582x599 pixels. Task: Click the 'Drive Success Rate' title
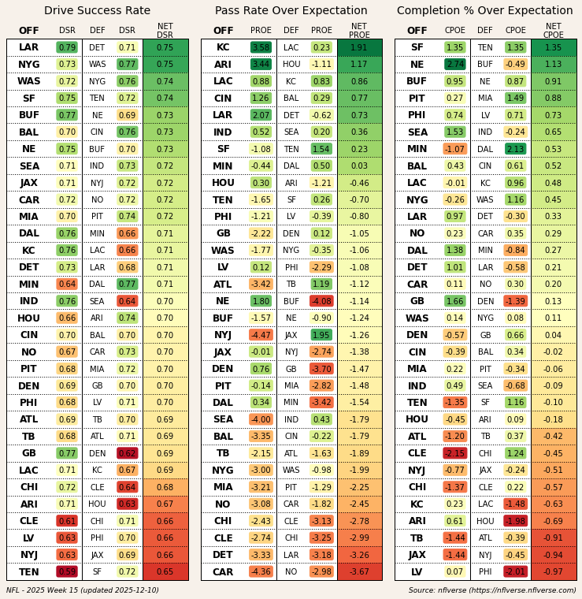[x=97, y=11]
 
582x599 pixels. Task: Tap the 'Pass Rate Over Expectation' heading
[x=291, y=11]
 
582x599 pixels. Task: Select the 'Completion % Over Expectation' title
[x=485, y=11]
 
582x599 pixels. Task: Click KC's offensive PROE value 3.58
[x=261, y=47]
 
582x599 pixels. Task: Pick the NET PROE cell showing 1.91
[x=359, y=47]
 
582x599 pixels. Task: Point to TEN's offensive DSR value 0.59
[x=67, y=572]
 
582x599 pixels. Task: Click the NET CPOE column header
[x=553, y=31]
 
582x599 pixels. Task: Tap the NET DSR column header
[x=165, y=31]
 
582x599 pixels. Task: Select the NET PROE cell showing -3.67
[x=359, y=572]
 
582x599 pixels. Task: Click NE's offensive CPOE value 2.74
[x=455, y=65]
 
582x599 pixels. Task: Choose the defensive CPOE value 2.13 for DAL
[x=516, y=149]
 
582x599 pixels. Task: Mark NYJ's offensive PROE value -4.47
[x=261, y=335]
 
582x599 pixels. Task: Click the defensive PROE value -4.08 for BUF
[x=321, y=301]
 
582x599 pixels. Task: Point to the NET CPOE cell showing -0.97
[x=553, y=572]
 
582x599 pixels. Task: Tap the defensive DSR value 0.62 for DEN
[x=127, y=454]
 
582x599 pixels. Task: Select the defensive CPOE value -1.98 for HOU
[x=516, y=521]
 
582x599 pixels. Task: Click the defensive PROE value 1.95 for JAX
[x=321, y=335]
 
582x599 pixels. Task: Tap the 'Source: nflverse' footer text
[x=491, y=590]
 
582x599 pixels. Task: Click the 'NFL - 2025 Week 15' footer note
[x=83, y=590]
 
